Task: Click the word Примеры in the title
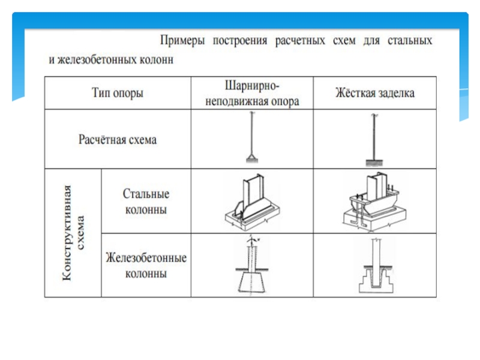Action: (182, 41)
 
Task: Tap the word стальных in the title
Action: (410, 40)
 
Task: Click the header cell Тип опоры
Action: (118, 93)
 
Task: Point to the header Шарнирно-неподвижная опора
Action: (252, 93)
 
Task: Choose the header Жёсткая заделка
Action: (374, 93)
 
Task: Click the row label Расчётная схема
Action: (118, 140)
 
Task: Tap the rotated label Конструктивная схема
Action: (73, 233)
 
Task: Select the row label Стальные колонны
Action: (146, 202)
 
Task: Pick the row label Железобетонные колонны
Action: (146, 265)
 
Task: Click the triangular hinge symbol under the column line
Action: (252, 158)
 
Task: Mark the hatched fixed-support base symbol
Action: (374, 163)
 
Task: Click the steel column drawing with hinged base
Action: (252, 202)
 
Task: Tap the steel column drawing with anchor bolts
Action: (374, 202)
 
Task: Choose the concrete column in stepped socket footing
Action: (376, 266)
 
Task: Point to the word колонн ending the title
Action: (157, 59)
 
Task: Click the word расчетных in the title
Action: (299, 41)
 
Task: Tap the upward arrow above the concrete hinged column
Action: (251, 241)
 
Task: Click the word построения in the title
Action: (239, 41)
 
